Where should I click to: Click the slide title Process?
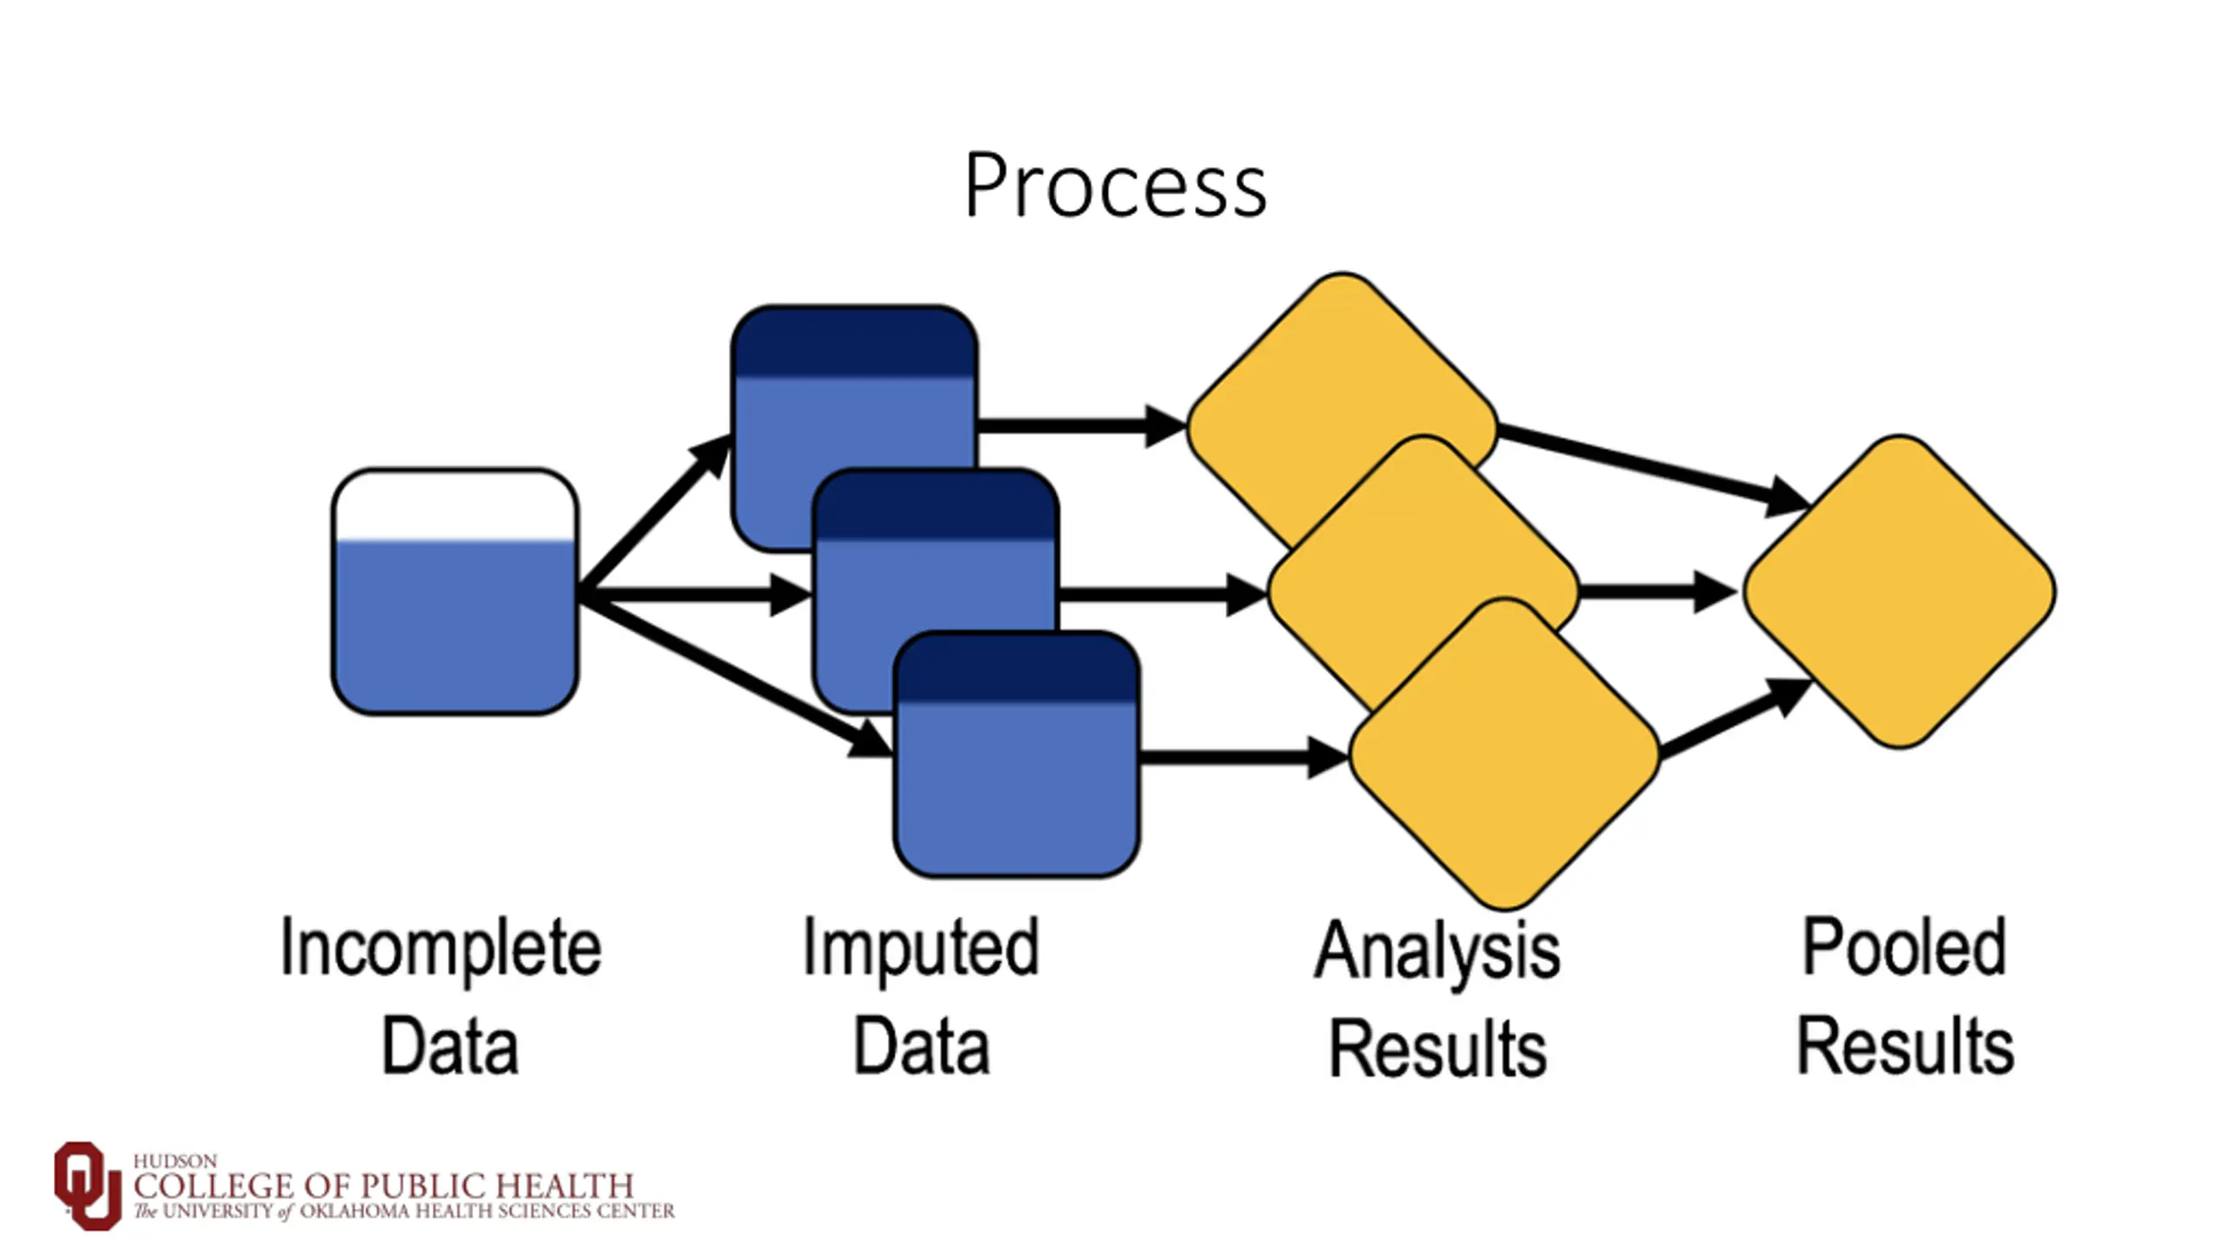click(1115, 185)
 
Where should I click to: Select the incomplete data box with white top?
click(455, 592)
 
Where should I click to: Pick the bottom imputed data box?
click(1017, 755)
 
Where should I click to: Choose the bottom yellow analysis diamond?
click(1504, 755)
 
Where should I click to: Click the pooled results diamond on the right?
click(1900, 592)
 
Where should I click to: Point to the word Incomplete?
click(441, 949)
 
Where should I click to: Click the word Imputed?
click(921, 949)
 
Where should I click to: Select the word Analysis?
click(1437, 953)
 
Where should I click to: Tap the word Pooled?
click(1904, 946)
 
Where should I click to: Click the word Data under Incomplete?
click(450, 1046)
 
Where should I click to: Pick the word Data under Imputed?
click(922, 1046)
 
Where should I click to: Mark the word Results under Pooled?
click(1906, 1045)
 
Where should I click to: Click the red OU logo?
click(87, 1185)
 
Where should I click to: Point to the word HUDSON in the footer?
click(175, 1162)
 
